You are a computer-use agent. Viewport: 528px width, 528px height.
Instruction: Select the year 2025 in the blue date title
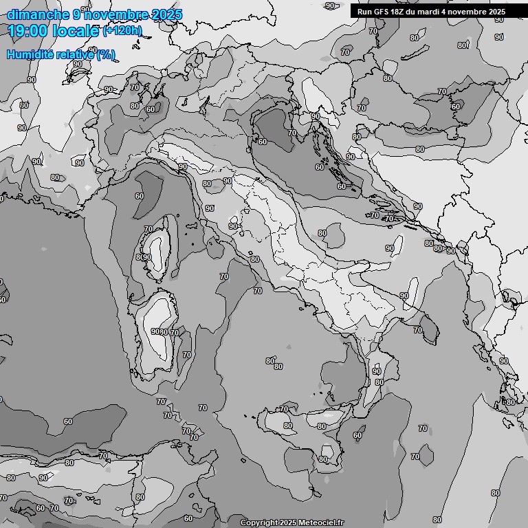point(166,14)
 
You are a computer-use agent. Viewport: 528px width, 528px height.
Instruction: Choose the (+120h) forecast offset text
point(122,31)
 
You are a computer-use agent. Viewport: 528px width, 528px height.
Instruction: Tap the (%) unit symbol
point(106,55)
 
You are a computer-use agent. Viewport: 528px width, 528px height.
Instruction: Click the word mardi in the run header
point(432,11)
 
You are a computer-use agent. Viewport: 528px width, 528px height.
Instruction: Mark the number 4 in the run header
point(450,11)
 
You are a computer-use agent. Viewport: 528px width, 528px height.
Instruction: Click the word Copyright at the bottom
point(258,522)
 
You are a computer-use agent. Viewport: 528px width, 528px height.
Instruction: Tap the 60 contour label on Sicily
point(357,435)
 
